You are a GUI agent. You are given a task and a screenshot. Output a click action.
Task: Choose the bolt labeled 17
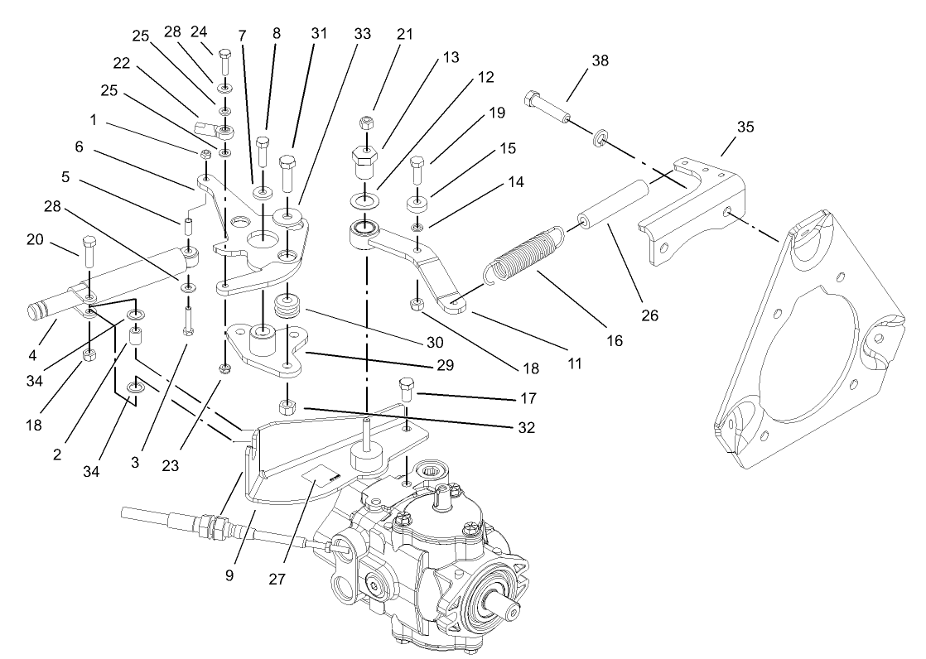click(x=406, y=387)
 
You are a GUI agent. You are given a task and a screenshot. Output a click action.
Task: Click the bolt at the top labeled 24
click(x=224, y=63)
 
